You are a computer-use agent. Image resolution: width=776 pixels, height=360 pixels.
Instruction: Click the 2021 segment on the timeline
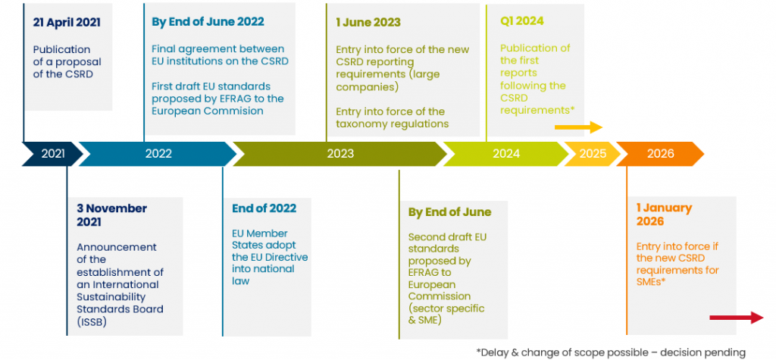[52, 154]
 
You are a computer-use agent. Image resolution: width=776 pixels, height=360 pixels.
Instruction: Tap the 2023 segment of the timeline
[340, 154]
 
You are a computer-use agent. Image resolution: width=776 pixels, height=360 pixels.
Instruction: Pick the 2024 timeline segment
[505, 154]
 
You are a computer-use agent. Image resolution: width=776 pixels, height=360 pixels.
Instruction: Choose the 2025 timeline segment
[593, 154]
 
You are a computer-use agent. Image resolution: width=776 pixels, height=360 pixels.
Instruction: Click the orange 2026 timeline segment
[660, 154]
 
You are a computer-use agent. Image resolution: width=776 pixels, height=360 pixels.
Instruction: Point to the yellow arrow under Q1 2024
[578, 127]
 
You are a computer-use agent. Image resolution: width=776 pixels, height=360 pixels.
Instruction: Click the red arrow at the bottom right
[737, 318]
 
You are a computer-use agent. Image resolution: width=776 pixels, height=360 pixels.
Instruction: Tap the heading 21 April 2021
[67, 22]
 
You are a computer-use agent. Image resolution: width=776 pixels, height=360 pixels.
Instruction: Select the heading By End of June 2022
[208, 22]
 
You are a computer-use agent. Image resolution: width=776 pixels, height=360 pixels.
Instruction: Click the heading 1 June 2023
[368, 22]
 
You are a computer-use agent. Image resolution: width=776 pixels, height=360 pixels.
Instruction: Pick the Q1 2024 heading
[522, 20]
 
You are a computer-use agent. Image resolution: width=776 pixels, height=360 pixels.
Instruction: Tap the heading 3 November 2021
[112, 215]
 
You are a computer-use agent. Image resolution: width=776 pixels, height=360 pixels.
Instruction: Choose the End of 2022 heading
[264, 208]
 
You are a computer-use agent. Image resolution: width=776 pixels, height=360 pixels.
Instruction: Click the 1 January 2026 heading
[664, 214]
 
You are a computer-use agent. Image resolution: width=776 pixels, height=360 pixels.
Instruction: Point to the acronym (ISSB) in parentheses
[92, 322]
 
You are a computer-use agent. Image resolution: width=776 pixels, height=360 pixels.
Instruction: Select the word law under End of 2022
[240, 280]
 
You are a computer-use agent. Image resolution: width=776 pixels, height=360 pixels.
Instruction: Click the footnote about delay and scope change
[611, 352]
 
